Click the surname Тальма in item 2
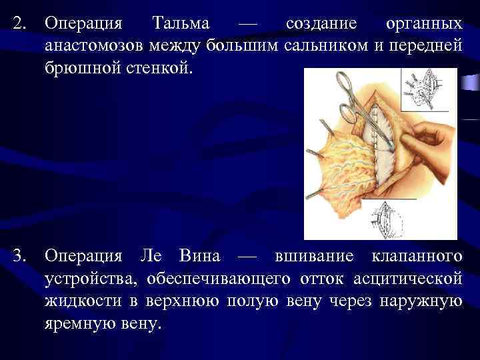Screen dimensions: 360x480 [181, 24]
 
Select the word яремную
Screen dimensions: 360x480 [77, 324]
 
